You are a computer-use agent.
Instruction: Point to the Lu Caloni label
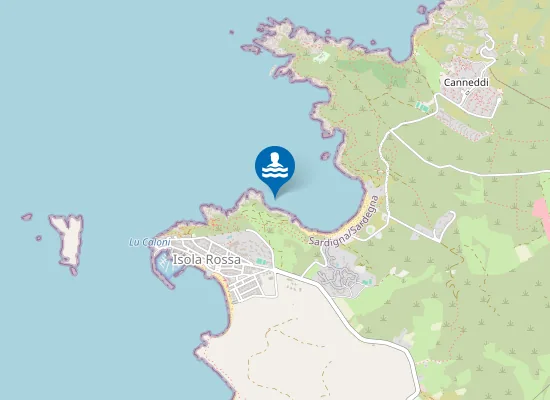point(150,243)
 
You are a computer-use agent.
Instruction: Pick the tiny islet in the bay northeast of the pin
point(325,155)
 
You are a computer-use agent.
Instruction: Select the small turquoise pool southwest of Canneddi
point(424,105)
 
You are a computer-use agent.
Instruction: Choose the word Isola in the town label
point(188,260)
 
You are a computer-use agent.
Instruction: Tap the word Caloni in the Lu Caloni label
point(156,243)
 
